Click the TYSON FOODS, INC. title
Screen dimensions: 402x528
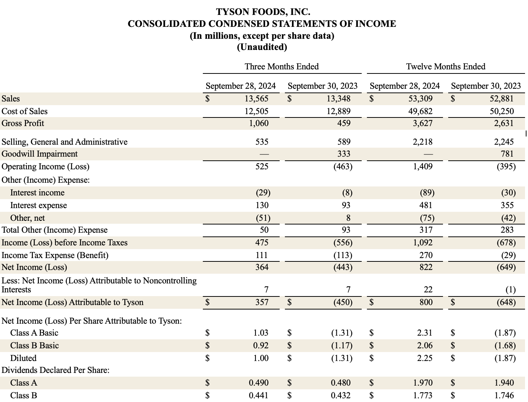[263, 12]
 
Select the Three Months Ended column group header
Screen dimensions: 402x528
[282, 67]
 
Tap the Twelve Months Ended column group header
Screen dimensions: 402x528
[446, 67]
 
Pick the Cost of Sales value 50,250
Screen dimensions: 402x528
[502, 112]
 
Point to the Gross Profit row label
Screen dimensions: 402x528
[23, 123]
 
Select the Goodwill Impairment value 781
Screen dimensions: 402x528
[507, 154]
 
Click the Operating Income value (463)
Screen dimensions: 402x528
[343, 167]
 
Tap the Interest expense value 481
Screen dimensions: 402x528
[425, 205]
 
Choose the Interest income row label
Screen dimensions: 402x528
[37, 193]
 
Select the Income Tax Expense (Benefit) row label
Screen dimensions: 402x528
[55, 255]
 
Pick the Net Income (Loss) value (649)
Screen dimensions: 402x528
[506, 267]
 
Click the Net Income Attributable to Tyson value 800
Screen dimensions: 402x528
[425, 302]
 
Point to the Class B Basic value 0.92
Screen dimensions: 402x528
[261, 346]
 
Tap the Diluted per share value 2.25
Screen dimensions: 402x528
[425, 358]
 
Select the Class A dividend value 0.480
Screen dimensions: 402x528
[340, 383]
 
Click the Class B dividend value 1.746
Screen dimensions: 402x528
[504, 395]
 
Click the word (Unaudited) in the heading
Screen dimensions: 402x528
[262, 47]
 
